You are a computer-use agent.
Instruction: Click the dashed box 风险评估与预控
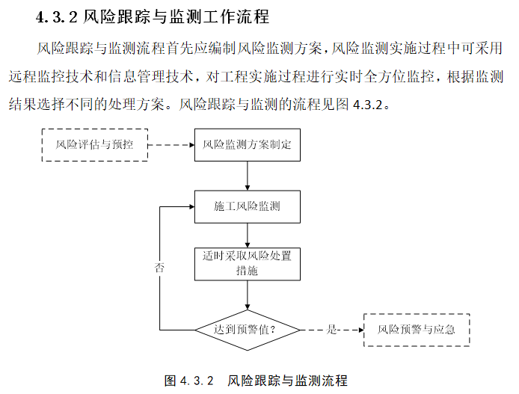pyautogui.click(x=94, y=144)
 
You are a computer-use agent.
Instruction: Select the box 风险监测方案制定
pyautogui.click(x=247, y=144)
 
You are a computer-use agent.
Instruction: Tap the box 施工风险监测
pyautogui.click(x=247, y=206)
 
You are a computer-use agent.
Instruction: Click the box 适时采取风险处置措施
pyautogui.click(x=247, y=263)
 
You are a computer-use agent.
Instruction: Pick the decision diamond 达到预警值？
pyautogui.click(x=247, y=329)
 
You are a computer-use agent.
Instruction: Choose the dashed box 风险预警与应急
pyautogui.click(x=417, y=329)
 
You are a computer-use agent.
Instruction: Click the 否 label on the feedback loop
pyautogui.click(x=159, y=267)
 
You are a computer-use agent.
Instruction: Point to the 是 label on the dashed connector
pyautogui.click(x=332, y=329)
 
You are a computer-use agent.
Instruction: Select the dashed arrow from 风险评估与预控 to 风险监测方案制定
pyautogui.click(x=171, y=144)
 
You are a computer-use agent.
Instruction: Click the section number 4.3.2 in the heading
pyautogui.click(x=56, y=16)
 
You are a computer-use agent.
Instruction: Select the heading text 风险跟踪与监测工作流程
pyautogui.click(x=176, y=16)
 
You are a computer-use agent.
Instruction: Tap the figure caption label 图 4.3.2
pyautogui.click(x=189, y=381)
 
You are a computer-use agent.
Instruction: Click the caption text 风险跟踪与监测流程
pyautogui.click(x=287, y=381)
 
